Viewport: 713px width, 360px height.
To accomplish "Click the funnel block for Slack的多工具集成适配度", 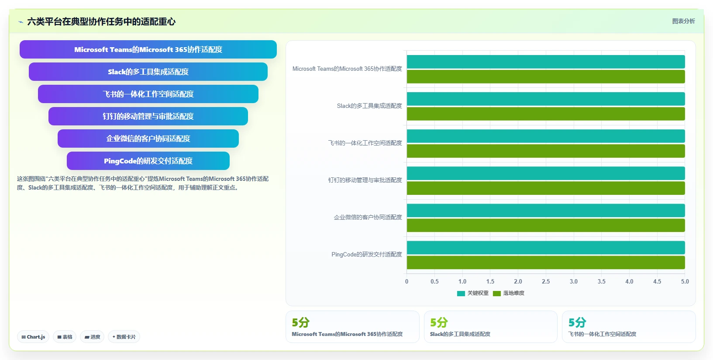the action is click(148, 72).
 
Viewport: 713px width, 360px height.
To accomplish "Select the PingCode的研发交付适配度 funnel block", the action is click(148, 161).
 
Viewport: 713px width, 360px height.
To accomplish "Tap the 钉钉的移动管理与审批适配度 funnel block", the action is click(148, 116).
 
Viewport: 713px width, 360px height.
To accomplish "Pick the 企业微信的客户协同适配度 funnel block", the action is click(148, 138).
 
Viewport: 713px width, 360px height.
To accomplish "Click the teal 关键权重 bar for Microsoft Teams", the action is click(546, 62).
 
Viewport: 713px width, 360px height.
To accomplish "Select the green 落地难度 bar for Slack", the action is click(546, 114).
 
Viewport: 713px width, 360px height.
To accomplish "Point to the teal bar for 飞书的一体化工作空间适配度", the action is click(546, 136).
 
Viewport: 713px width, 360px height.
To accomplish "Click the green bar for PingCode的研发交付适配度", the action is click(546, 263).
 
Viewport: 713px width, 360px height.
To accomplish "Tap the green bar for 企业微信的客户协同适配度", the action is click(546, 225).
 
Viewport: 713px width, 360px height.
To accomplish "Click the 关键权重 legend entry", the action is click(473, 293).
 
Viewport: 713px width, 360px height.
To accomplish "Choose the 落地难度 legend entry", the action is click(509, 293).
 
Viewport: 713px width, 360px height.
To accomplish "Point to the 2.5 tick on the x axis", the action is click(546, 282).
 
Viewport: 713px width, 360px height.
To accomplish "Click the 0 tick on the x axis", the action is click(406, 282).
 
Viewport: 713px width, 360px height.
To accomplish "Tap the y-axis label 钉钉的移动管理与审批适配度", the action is click(365, 180).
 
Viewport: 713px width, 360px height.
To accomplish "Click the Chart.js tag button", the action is click(33, 337).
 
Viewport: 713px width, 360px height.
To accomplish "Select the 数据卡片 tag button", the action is click(124, 337).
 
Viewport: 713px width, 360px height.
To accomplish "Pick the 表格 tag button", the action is click(65, 337).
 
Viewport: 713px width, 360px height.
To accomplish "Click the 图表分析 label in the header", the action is click(683, 21).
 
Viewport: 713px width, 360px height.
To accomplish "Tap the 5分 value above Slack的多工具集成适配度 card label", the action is click(439, 322).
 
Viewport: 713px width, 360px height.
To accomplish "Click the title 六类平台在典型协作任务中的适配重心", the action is click(101, 22).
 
